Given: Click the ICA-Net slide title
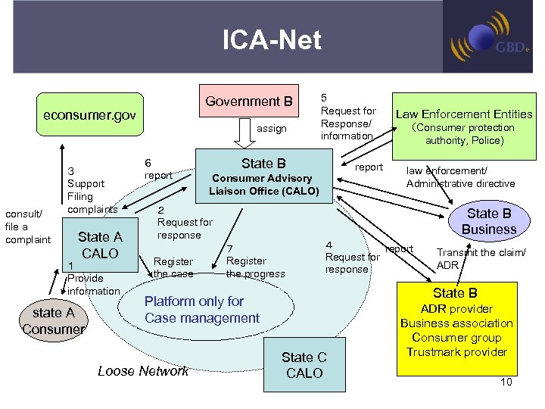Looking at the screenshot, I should (272, 40).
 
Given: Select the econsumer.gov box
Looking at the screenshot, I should (89, 115).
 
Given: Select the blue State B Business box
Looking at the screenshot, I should (488, 221).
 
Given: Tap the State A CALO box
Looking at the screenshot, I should (100, 245).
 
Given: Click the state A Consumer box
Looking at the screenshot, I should (53, 320).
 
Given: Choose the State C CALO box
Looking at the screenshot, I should (304, 365).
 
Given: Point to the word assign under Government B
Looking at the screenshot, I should (272, 129).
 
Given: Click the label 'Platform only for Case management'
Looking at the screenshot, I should (201, 310).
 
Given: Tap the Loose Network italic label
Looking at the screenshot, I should (143, 370).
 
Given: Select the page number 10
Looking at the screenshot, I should (506, 382).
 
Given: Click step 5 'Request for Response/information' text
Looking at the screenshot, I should (348, 117).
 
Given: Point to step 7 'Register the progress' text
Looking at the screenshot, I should (254, 261).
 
